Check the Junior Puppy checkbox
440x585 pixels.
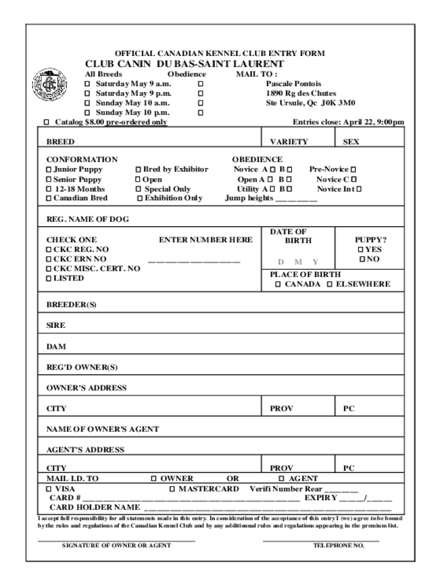pos(49,170)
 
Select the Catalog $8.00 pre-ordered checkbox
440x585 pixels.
pos(47,122)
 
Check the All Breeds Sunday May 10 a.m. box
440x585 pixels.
pos(87,103)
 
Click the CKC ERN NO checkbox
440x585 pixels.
pos(49,259)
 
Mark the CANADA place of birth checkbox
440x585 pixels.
pos(278,284)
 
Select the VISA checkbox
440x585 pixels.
pos(49,489)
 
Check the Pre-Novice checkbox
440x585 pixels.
pos(353,170)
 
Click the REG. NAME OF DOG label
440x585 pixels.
pos(87,219)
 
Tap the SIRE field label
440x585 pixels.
pos(56,325)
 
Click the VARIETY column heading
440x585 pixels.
pos(289,142)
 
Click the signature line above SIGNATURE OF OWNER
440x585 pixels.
pos(117,539)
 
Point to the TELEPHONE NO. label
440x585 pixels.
pos(339,546)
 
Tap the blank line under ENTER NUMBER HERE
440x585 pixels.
pos(194,262)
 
